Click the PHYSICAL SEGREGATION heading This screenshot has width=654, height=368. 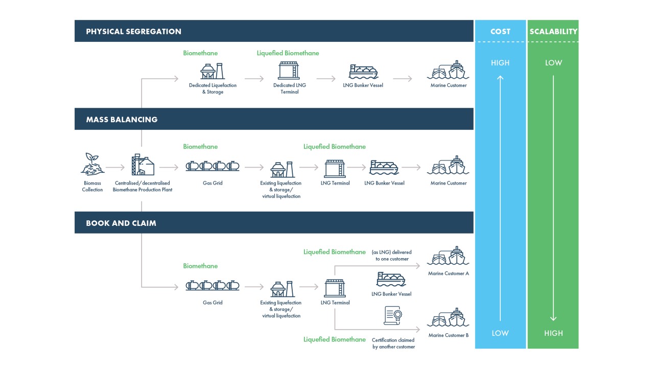pos(133,32)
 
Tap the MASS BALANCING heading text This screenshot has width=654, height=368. pos(122,120)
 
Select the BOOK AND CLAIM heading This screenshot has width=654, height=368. pos(121,223)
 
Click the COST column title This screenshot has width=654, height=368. pos(500,32)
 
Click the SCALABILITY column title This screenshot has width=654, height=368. pos(553,32)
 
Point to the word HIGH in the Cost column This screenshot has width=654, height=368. pos(500,63)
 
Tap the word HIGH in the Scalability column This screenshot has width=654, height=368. pos(553,333)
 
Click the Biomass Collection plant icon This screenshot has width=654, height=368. pos(92,164)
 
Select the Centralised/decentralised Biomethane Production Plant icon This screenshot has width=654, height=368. pos(143,165)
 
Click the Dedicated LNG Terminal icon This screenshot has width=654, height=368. pos(289,71)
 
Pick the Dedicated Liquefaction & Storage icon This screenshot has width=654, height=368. pos(212,71)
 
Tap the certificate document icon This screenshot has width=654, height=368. pos(393,315)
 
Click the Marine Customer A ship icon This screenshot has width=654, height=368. pos(448,256)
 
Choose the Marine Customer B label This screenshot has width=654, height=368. pos(449,335)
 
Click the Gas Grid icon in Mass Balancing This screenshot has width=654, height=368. pos(213,166)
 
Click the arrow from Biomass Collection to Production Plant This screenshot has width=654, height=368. pos(115,167)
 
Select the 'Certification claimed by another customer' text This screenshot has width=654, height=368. pos(393,343)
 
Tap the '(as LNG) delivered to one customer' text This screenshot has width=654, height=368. pos(392,256)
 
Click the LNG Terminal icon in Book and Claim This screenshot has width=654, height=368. pos(335,288)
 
